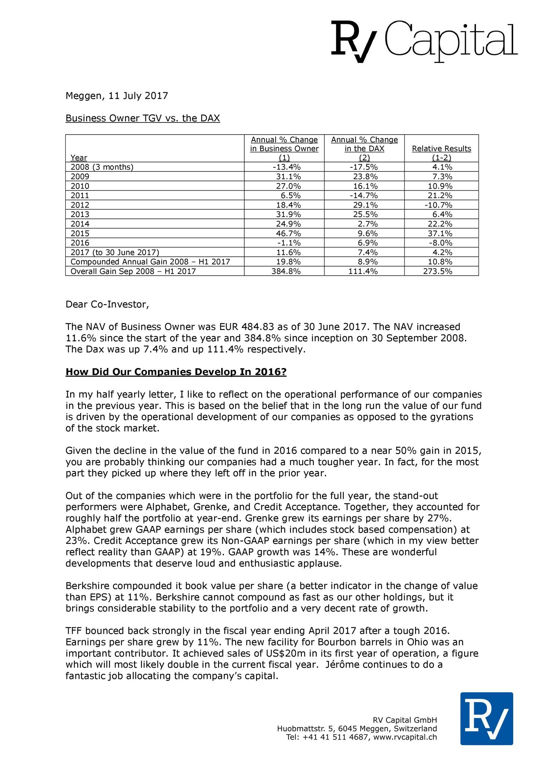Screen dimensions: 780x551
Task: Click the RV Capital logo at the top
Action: tap(424, 41)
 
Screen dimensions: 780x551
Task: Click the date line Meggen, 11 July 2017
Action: tap(116, 96)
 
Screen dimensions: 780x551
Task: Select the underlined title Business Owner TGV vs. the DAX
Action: tap(143, 118)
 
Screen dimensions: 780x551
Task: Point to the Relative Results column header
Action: tap(441, 149)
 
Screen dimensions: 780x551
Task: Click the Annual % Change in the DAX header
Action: tap(364, 144)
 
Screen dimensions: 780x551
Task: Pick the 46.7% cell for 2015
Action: tap(290, 234)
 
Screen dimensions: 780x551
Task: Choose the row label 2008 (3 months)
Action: tap(102, 167)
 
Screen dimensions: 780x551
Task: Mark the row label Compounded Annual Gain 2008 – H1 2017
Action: tap(150, 262)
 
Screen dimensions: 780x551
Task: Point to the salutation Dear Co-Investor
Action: tap(107, 304)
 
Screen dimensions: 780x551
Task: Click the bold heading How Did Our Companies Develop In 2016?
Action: tap(176, 372)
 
